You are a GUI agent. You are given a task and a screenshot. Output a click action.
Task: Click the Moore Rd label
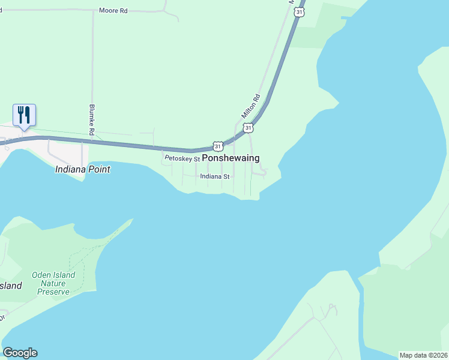(113, 11)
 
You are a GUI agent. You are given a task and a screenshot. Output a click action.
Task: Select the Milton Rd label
(250, 106)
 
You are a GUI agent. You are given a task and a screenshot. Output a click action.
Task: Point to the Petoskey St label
(182, 158)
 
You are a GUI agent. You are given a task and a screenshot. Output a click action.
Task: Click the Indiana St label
(215, 176)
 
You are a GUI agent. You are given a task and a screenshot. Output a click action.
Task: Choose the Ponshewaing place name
(231, 158)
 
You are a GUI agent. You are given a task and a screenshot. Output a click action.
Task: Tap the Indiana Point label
(83, 169)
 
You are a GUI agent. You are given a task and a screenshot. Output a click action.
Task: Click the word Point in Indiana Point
(99, 169)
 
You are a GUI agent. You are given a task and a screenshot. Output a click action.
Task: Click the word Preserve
(53, 292)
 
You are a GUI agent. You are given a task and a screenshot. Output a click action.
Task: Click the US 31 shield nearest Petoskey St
(218, 146)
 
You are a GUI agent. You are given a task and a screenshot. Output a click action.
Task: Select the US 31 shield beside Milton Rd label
(248, 127)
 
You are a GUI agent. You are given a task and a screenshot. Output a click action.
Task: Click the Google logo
(20, 353)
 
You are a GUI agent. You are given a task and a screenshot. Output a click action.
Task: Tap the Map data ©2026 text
(424, 355)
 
